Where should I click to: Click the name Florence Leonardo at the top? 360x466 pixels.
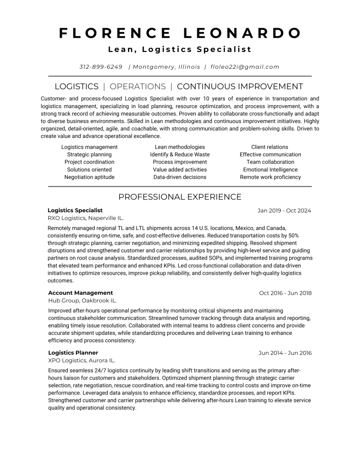tap(180, 33)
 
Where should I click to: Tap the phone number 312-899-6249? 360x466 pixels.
tap(101, 67)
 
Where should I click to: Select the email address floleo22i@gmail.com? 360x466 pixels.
tap(245, 67)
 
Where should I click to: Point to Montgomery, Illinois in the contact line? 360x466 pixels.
tap(167, 67)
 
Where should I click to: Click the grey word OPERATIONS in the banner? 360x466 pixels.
tap(138, 87)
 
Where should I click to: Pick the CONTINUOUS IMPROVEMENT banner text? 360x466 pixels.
tap(240, 87)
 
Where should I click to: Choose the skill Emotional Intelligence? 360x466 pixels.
tap(270, 169)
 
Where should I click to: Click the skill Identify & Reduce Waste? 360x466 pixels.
tap(180, 154)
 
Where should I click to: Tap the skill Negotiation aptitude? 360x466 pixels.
tap(89, 177)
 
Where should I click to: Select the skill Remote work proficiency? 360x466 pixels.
tap(270, 177)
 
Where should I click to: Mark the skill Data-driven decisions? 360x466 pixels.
tap(180, 177)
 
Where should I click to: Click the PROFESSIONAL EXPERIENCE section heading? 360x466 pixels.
tap(180, 197)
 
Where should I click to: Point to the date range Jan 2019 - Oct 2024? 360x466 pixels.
tap(284, 210)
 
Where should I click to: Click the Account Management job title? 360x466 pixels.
tap(81, 293)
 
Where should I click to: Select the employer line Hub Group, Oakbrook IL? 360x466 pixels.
tap(82, 301)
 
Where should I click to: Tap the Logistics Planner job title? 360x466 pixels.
tap(73, 353)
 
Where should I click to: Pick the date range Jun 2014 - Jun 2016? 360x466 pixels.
tap(285, 353)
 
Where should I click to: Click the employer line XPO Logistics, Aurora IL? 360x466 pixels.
tap(81, 360)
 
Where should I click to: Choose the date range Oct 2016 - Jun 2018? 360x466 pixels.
tap(285, 293)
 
